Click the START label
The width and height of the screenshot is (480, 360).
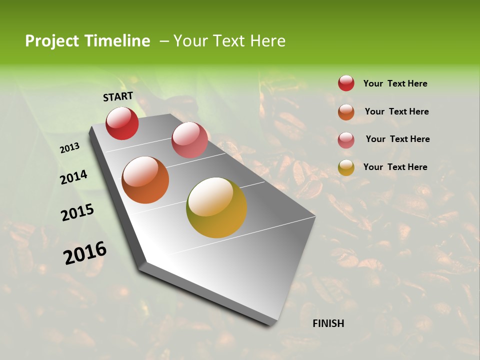118,96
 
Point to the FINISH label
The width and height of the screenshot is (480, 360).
328,323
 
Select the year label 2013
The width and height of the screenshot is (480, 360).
70,148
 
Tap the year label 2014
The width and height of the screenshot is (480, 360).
73,177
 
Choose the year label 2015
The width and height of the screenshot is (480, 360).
77,212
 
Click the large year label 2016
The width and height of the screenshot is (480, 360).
85,253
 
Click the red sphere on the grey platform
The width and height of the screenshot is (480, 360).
122,123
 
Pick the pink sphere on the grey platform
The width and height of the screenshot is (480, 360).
189,139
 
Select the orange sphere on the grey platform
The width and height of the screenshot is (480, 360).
145,180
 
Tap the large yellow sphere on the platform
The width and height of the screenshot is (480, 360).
216,207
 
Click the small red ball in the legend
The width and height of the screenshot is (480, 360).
346,83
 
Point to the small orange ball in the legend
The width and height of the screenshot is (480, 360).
346,112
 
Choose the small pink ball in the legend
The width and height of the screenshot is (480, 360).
346,140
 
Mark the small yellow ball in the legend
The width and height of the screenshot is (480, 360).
346,167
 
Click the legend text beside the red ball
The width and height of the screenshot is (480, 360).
395,84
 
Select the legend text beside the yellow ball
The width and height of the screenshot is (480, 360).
395,167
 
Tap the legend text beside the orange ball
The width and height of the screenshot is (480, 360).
396,111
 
